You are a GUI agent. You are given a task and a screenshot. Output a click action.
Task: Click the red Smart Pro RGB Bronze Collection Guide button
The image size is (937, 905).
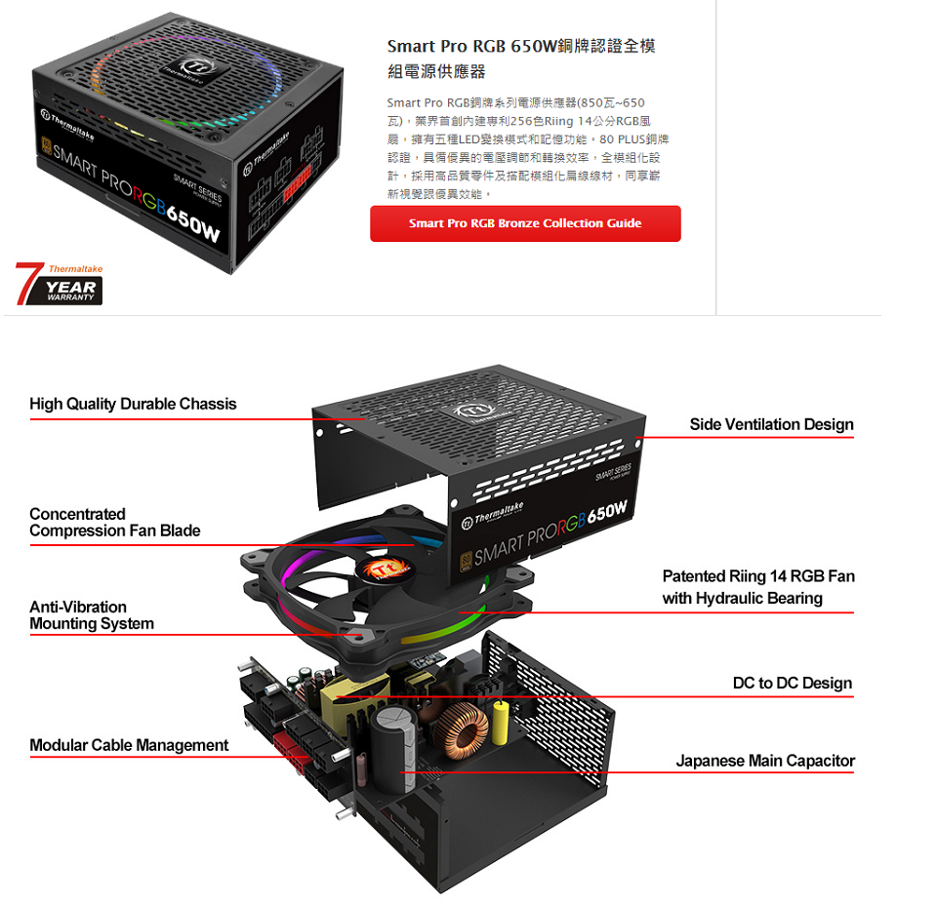[x=525, y=223]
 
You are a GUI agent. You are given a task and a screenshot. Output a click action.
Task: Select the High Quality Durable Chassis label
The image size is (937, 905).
[x=133, y=404]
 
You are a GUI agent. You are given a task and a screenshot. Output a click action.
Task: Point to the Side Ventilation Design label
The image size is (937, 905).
[x=771, y=424]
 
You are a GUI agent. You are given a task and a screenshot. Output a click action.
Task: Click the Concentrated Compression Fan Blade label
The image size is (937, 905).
[x=114, y=523]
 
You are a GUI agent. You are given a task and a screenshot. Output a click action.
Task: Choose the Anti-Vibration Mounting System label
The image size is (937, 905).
[x=92, y=615]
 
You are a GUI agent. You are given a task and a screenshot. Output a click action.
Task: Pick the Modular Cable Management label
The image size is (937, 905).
[x=129, y=745]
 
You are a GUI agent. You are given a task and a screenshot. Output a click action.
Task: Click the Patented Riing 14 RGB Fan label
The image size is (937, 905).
[x=758, y=587]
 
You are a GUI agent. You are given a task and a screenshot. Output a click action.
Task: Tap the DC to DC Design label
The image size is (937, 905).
[x=793, y=683]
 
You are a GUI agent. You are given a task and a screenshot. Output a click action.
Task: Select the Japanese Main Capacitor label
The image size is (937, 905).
[x=765, y=761]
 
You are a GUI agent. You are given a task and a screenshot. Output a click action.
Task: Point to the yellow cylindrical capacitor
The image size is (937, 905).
[x=502, y=721]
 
